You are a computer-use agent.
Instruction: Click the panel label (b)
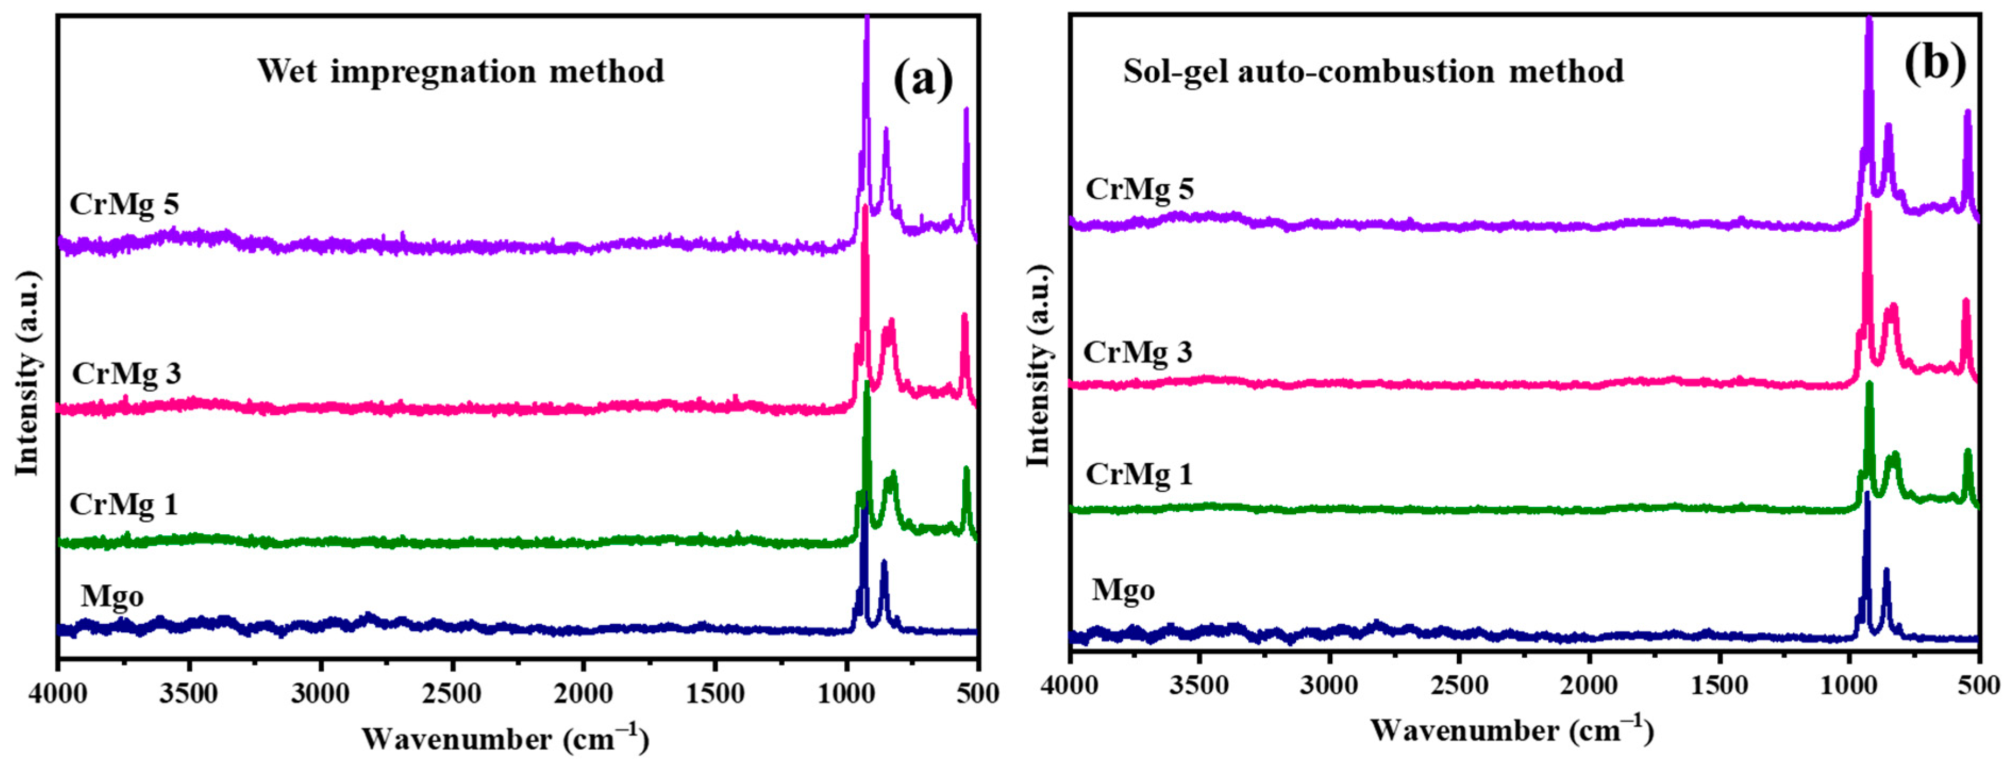tap(1934, 63)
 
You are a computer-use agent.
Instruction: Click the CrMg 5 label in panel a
tap(124, 204)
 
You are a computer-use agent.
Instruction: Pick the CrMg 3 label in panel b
tap(1138, 352)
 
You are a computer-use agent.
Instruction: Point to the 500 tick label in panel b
tap(1978, 685)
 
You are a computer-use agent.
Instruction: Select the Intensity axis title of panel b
tap(1039, 366)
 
